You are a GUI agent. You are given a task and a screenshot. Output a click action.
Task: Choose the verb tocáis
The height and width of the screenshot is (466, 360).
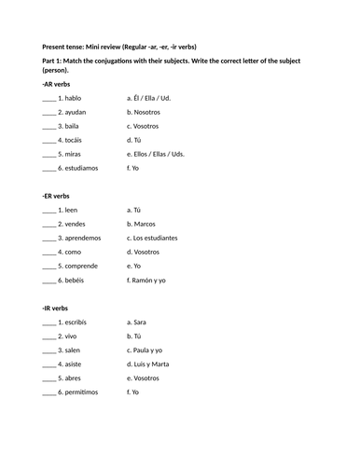click(72, 140)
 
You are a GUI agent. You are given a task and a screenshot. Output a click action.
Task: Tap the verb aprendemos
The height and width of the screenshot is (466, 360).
click(80, 238)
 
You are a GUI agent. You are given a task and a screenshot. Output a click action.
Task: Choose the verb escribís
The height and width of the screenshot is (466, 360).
click(74, 322)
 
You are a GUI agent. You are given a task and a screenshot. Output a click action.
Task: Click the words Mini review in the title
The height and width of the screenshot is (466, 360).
click(112, 46)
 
